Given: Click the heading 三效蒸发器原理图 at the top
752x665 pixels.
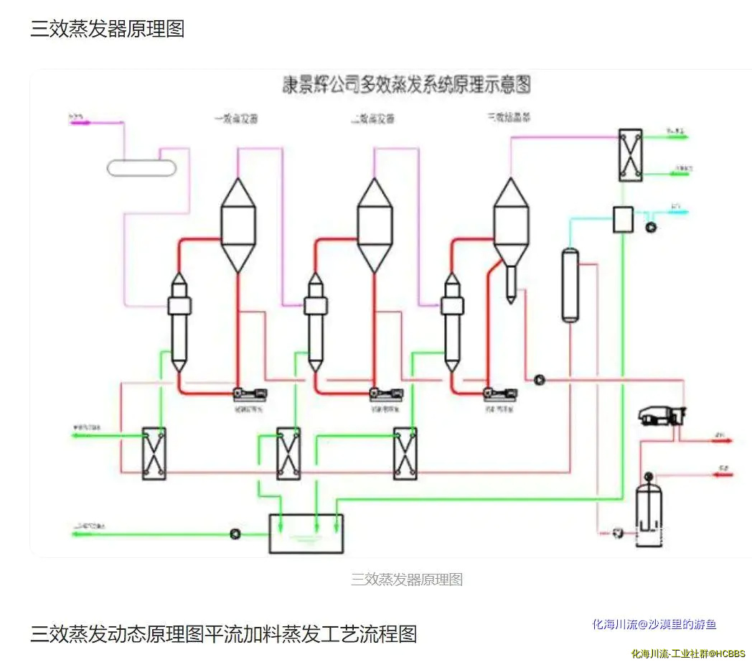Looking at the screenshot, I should click(x=107, y=29).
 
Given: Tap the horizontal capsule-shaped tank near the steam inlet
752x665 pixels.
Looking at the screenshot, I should click(x=141, y=167).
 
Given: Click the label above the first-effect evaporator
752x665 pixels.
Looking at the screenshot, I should click(x=235, y=118).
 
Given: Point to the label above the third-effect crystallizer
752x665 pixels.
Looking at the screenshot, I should click(x=509, y=117).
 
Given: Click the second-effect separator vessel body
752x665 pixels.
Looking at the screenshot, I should click(x=375, y=225).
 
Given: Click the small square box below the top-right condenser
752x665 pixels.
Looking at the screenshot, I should click(x=621, y=219).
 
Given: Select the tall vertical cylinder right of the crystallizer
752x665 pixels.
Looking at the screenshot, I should click(x=570, y=284).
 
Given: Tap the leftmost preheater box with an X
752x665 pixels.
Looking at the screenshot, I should click(x=154, y=453).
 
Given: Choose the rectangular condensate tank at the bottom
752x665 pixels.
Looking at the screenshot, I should click(x=306, y=534).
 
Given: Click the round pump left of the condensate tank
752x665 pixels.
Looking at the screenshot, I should click(x=235, y=534).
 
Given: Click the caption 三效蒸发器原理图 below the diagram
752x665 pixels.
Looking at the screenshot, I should click(x=406, y=580).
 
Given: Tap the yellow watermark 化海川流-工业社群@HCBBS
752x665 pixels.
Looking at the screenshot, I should click(x=687, y=654).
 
